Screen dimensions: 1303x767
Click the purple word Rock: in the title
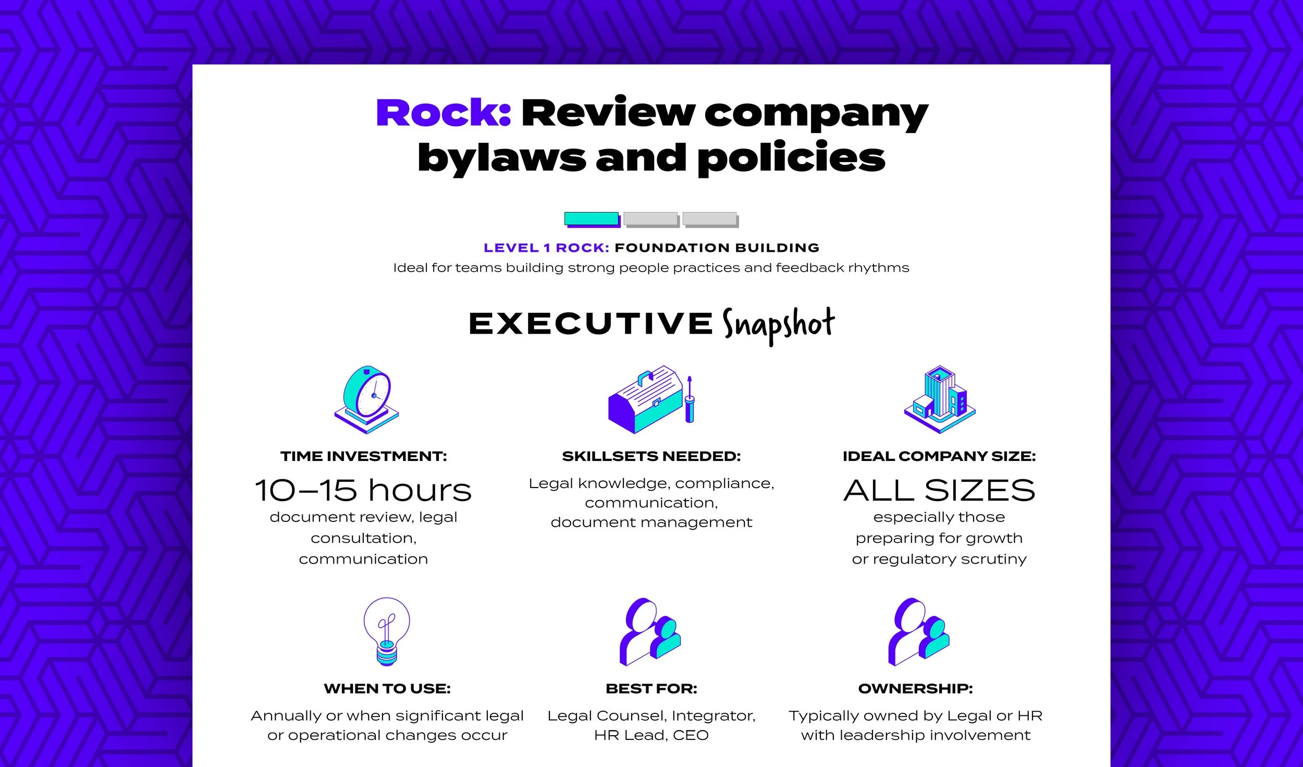pos(443,113)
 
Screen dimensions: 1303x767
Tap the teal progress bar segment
pos(592,219)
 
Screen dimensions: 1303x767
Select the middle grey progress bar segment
pos(651,219)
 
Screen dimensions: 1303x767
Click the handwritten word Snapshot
pos(778,325)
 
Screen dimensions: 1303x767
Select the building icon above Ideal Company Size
pos(939,399)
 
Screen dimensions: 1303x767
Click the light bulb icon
pos(386,631)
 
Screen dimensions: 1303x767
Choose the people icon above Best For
pos(650,631)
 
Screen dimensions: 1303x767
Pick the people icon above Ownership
pos(918,631)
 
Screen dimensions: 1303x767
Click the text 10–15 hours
pos(363,491)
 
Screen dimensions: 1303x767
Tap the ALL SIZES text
pos(939,491)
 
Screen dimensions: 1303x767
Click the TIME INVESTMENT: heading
pos(363,456)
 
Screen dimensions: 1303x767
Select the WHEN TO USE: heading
pos(387,688)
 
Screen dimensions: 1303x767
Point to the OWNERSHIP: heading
pos(915,688)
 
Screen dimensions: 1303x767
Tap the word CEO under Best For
pos(691,735)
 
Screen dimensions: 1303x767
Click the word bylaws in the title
pos(501,158)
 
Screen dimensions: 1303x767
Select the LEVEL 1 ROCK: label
pos(546,248)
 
